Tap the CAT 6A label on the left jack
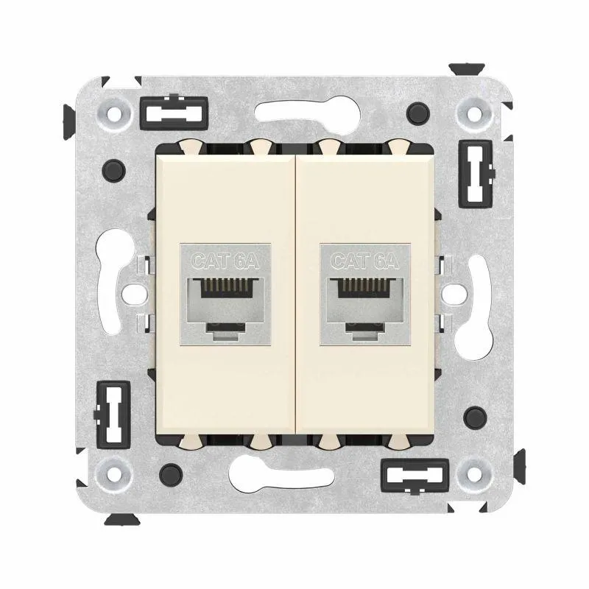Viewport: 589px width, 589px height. (x=225, y=261)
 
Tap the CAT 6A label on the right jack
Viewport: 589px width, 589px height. (x=365, y=261)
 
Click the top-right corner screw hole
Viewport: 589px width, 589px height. (x=474, y=113)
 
